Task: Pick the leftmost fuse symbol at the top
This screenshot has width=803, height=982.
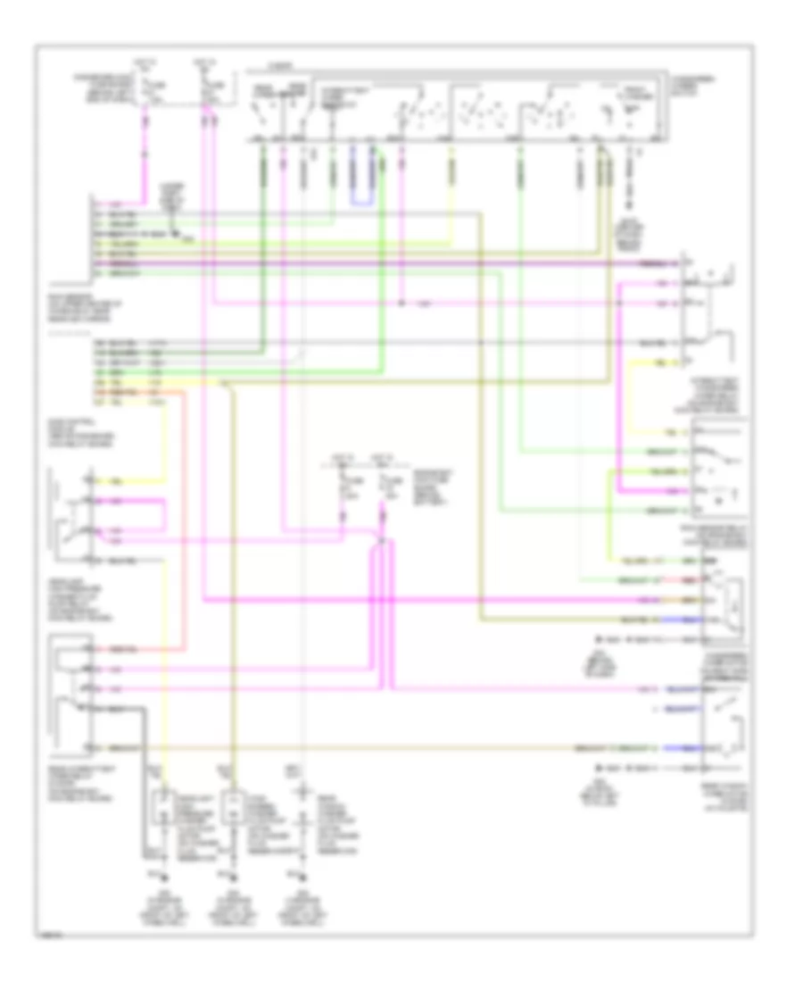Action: tap(145, 89)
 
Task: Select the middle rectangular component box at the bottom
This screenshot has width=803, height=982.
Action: tap(233, 808)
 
